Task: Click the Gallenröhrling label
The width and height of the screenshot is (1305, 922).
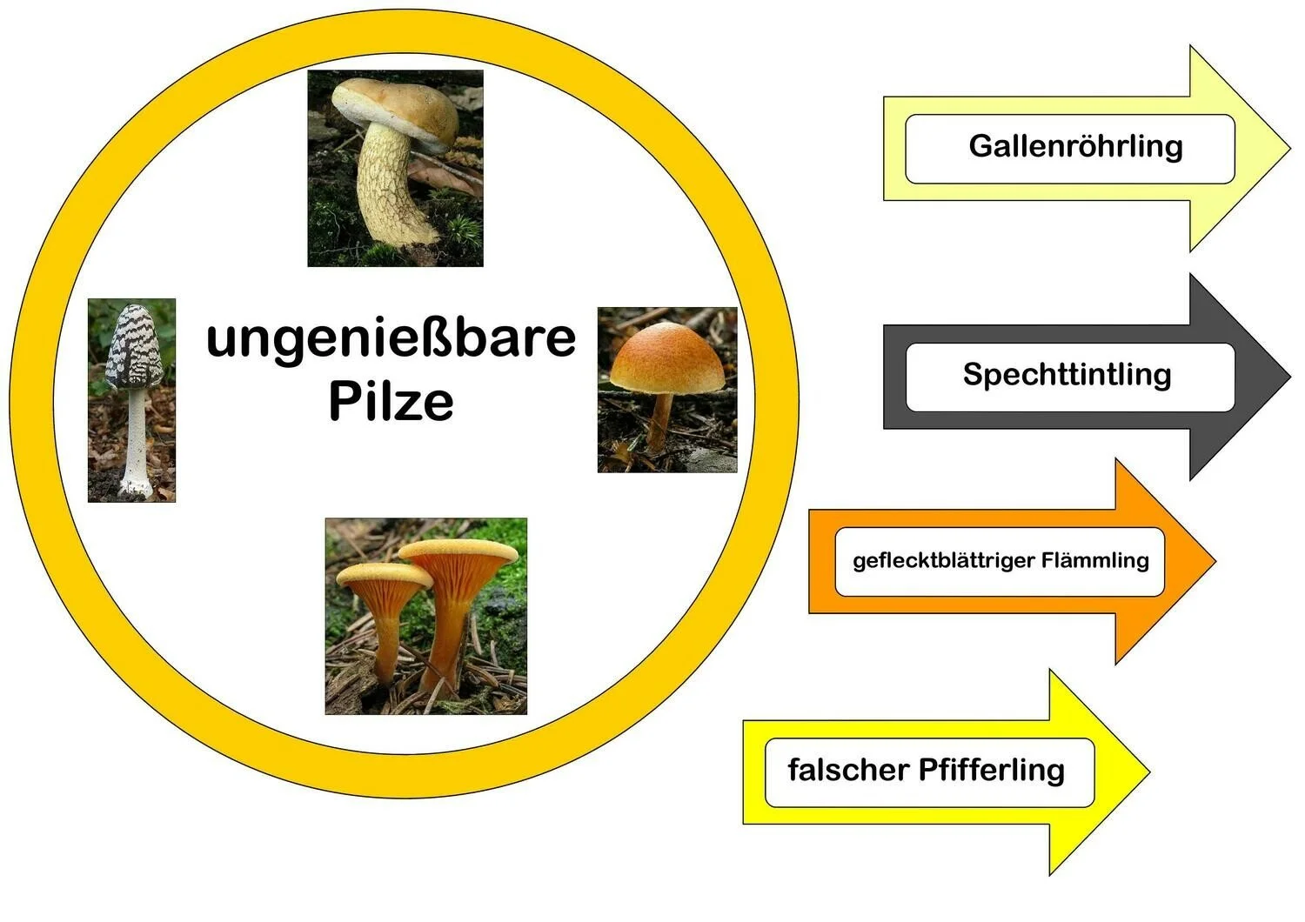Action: click(1074, 146)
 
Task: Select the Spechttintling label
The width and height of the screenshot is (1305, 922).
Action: click(1067, 375)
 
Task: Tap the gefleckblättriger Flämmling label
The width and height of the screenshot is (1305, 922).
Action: click(1000, 560)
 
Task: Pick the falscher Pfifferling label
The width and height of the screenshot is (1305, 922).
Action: click(926, 771)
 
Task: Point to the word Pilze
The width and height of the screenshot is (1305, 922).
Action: click(391, 401)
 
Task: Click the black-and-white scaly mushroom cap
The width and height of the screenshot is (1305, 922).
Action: click(134, 345)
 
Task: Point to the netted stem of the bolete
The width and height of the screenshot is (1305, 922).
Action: click(388, 187)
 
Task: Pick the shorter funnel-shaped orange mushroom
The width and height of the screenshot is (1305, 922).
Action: click(380, 609)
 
